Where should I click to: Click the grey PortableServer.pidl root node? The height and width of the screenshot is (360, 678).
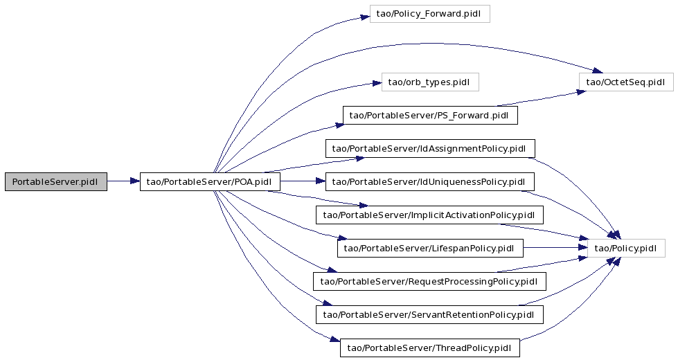56,181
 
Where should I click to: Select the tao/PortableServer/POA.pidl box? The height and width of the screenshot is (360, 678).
210,181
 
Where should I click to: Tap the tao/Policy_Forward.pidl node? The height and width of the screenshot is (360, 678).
430,14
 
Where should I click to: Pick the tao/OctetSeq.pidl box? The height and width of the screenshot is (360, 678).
626,82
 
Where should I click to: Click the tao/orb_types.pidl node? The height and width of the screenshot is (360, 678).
430,82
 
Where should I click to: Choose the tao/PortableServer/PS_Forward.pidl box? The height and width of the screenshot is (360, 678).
430,116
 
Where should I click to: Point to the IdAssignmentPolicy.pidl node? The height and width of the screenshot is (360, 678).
430,149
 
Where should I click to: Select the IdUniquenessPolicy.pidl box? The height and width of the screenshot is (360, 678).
430,181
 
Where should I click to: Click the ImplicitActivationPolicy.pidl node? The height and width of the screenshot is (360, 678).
429,215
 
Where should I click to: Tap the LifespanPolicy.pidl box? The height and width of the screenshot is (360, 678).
430,248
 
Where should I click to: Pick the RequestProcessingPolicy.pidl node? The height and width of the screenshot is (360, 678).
430,281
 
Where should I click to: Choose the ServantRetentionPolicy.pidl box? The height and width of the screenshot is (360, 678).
429,314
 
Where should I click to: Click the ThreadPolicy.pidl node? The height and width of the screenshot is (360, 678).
430,348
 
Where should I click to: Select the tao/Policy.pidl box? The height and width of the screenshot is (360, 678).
626,248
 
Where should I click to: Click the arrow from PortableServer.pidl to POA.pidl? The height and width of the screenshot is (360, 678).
123,181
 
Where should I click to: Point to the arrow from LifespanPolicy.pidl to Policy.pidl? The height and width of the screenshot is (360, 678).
555,248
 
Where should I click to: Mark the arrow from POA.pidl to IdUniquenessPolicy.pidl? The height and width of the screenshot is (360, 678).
303,181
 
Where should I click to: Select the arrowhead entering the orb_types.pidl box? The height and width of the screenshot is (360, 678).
377,83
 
